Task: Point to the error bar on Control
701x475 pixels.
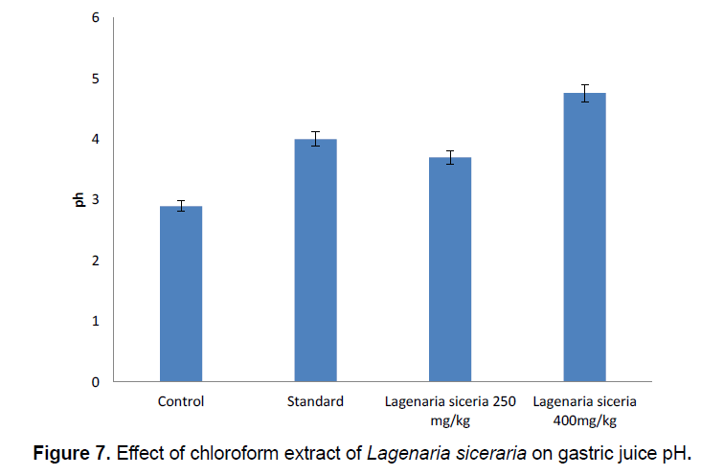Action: pos(181,206)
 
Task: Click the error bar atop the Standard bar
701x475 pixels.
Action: pos(315,139)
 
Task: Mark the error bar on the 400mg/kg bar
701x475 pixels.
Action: pos(584,93)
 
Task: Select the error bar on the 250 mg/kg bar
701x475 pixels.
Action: pos(449,157)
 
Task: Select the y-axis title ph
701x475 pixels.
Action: pos(80,199)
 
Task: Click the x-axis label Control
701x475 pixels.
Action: pos(181,401)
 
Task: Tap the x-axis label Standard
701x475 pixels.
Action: pos(315,401)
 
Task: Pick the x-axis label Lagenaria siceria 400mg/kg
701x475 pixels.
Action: pos(584,410)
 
